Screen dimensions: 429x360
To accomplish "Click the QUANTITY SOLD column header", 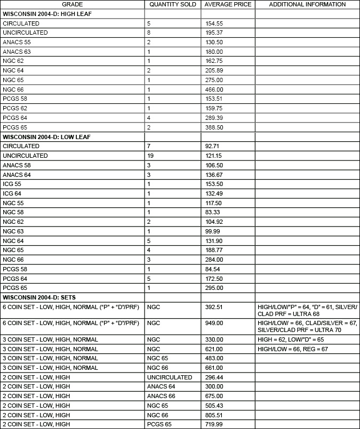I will (173, 4).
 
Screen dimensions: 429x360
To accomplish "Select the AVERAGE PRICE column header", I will (228, 4).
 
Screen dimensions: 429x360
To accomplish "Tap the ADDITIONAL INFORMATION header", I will (307, 4).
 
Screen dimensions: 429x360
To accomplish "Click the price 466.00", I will (215, 90).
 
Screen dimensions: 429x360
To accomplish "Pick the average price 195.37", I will (215, 33).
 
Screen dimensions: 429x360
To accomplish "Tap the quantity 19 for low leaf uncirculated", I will (150, 156).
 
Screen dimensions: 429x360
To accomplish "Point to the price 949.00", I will (215, 323).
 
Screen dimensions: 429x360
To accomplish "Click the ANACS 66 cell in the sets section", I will (161, 396).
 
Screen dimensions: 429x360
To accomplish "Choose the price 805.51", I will (215, 415).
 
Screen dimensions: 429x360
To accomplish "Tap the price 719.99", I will (215, 424).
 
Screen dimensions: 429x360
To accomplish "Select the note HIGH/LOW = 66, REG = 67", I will (292, 349).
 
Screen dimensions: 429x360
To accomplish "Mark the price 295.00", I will (215, 288).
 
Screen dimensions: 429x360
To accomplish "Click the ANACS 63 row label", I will (17, 52).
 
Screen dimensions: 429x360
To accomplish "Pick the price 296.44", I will (215, 377).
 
